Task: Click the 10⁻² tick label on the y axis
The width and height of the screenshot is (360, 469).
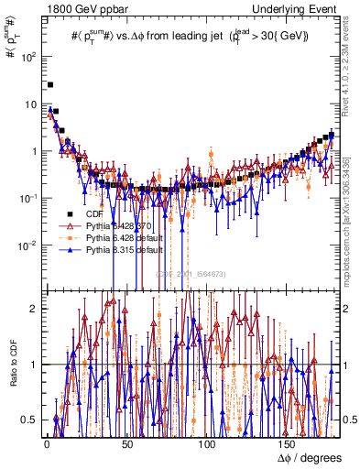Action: (x=28, y=245)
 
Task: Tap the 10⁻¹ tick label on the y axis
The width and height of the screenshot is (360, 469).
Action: (x=28, y=198)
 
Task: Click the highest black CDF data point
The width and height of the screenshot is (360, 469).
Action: (x=50, y=84)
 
